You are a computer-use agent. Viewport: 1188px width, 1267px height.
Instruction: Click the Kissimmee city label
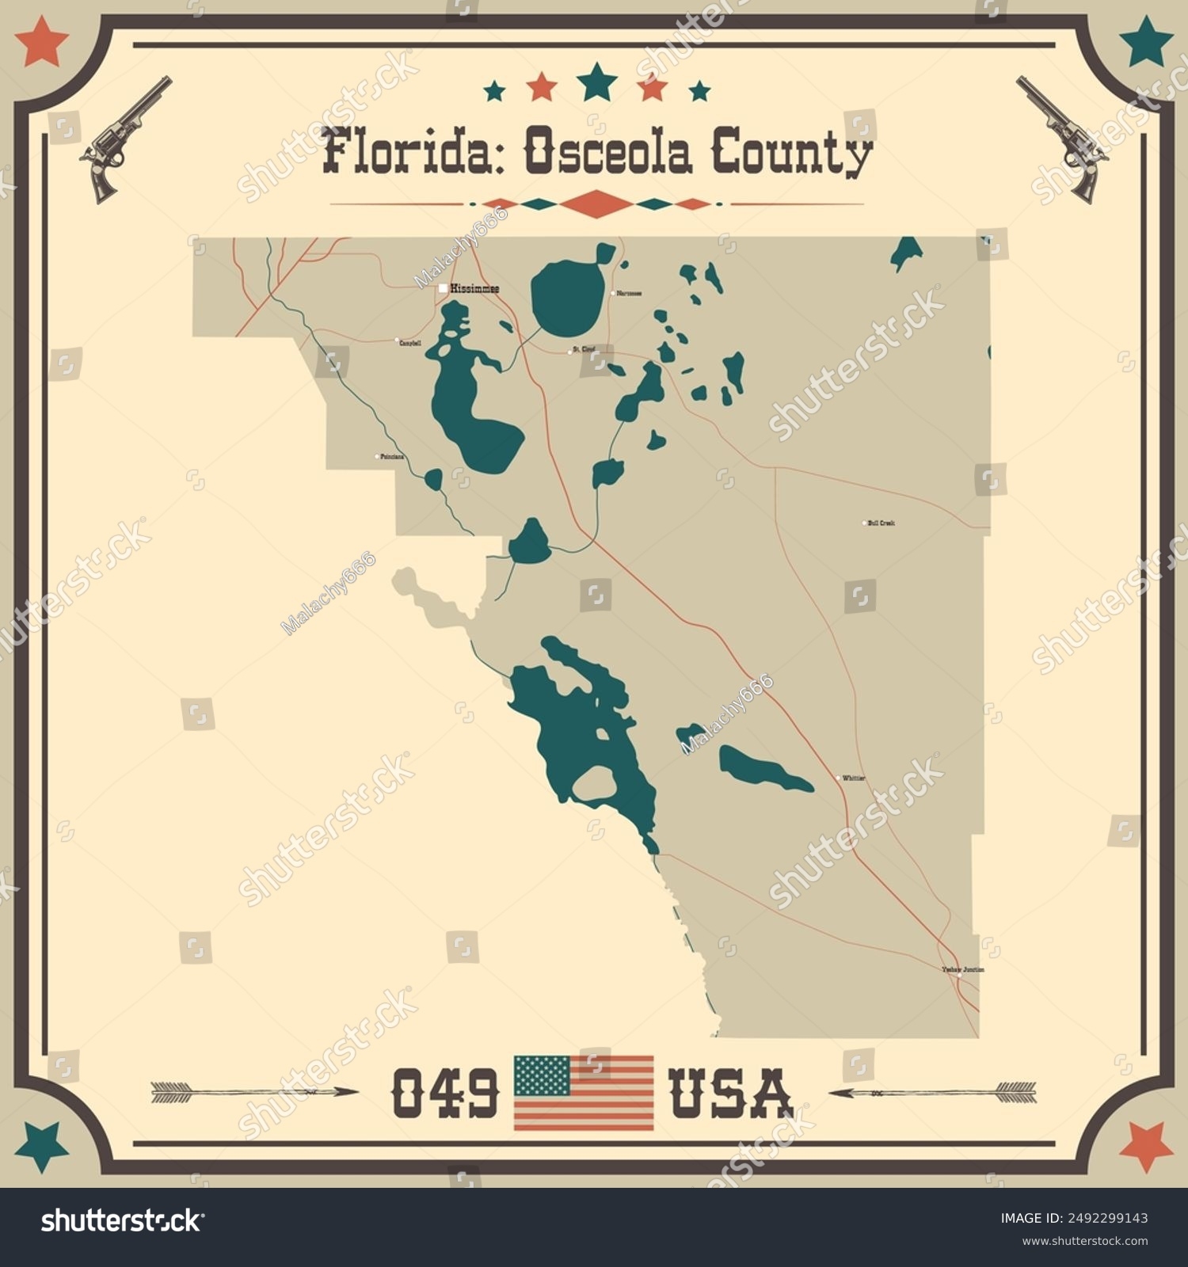474,289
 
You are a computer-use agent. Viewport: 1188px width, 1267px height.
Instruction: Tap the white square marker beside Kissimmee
443,289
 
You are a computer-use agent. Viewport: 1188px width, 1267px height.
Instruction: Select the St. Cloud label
584,348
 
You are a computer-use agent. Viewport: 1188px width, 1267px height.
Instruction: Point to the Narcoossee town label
630,293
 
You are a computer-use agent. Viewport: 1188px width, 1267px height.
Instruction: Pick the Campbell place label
410,343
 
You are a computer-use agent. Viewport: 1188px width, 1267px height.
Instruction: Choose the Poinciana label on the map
392,457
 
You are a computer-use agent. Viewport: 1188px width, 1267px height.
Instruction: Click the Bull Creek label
881,523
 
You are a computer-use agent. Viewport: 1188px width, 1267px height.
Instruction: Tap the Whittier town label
854,778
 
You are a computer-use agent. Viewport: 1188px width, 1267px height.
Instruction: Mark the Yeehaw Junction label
963,969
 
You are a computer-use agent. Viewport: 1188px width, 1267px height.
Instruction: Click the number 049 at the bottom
445,1093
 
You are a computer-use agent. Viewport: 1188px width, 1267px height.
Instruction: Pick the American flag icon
584,1093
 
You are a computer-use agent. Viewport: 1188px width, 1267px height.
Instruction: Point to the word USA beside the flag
730,1093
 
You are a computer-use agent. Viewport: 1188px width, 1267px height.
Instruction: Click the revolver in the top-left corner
125,139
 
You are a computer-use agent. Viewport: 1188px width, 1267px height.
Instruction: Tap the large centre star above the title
597,82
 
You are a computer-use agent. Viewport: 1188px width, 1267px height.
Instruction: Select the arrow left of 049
253,1092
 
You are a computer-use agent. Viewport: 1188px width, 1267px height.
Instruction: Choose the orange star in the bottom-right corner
1146,1146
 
